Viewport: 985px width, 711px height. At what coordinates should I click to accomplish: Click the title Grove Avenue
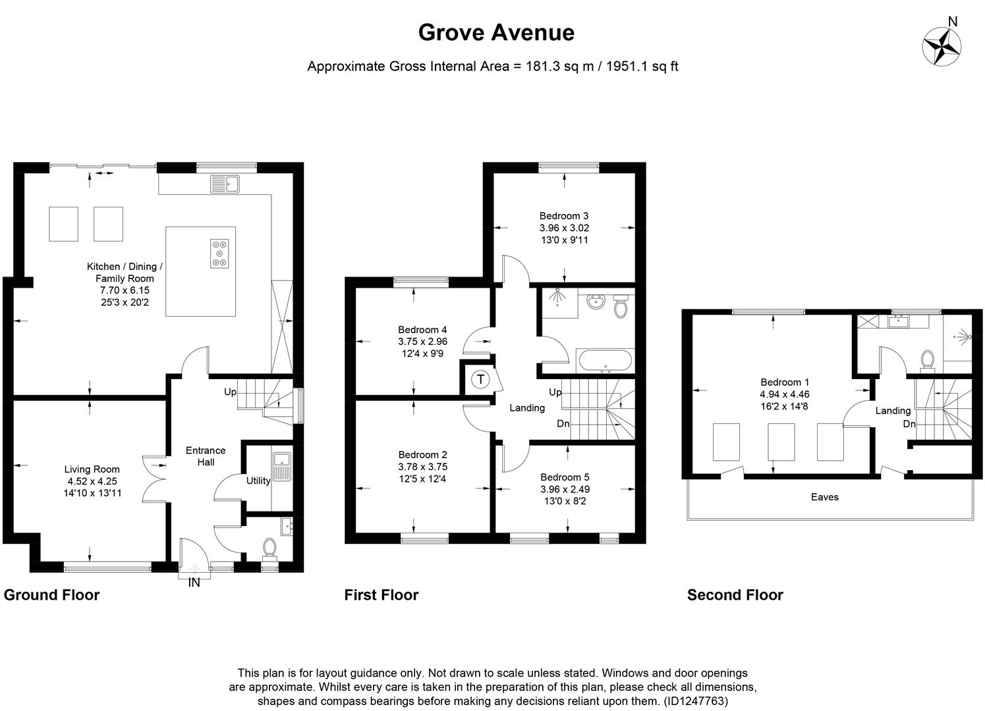point(496,32)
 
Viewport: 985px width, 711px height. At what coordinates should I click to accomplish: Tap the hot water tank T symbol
point(480,380)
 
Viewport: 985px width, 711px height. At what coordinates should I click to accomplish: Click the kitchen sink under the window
point(225,184)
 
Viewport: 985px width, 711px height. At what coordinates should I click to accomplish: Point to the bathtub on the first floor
point(604,361)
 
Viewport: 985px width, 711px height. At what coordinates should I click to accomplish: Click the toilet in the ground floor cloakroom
point(269,547)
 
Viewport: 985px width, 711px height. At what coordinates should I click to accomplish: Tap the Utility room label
point(258,481)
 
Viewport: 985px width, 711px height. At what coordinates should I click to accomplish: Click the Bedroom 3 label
point(563,216)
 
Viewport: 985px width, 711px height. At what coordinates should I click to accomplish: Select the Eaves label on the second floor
point(824,497)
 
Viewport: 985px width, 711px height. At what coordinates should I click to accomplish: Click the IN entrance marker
point(194,582)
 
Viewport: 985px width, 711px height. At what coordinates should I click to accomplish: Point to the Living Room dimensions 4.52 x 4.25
point(92,481)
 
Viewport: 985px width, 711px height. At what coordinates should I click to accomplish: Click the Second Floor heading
point(735,595)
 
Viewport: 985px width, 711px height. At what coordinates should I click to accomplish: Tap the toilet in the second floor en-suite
point(928,359)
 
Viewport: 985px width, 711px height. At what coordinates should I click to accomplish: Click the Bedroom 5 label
point(565,477)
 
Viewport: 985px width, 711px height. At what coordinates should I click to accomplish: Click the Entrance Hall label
point(206,456)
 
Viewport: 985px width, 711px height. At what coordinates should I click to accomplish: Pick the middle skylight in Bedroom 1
point(781,442)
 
